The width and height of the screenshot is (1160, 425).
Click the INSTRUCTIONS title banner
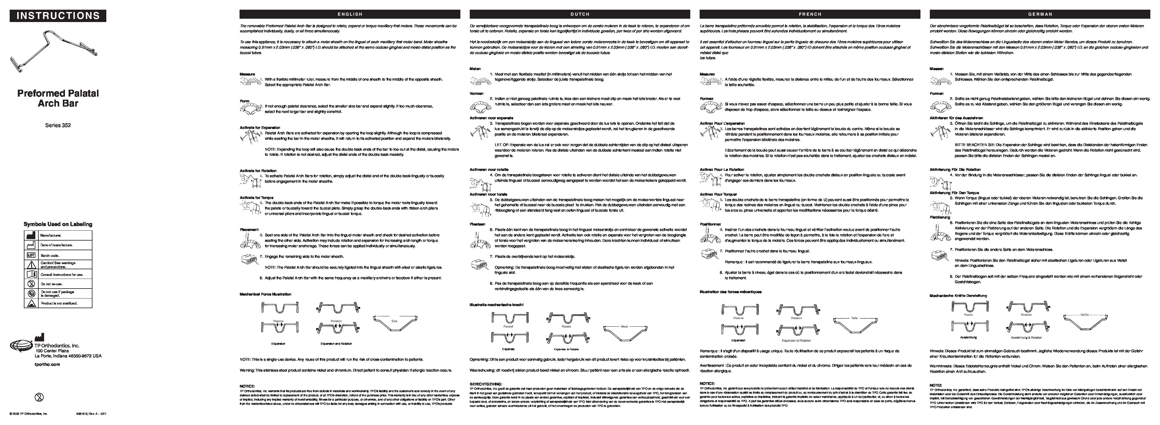click(58, 16)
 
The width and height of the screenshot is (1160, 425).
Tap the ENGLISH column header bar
click(350, 14)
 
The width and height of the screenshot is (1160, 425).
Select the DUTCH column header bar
click(580, 14)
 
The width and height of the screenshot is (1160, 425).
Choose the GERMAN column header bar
click(1040, 14)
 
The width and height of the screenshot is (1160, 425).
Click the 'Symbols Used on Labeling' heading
click(58, 224)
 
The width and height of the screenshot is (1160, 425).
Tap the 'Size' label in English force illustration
click(395, 321)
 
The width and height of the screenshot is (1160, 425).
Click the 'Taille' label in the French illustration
click(854, 318)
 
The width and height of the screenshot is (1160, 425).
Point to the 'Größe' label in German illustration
click(1084, 315)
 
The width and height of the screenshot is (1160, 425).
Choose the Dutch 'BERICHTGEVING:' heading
click(486, 384)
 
